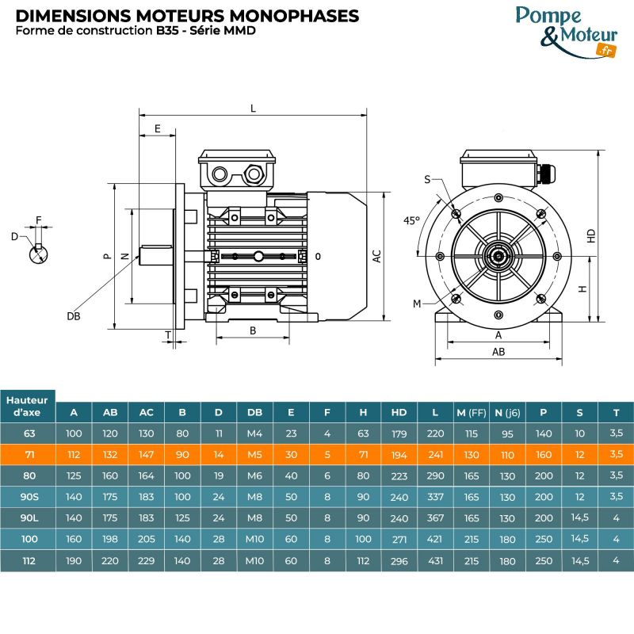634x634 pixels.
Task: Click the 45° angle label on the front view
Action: pyautogui.click(x=411, y=220)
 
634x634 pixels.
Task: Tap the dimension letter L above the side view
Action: pyautogui.click(x=253, y=109)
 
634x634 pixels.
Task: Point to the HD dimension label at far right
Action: pyautogui.click(x=591, y=236)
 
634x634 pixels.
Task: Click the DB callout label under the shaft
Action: pyautogui.click(x=73, y=315)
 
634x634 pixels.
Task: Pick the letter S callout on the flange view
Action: pyautogui.click(x=427, y=180)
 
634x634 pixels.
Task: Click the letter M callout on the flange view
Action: pyautogui.click(x=417, y=304)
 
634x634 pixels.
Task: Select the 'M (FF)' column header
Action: pyautogui.click(x=471, y=412)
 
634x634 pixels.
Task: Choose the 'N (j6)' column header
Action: pyautogui.click(x=506, y=412)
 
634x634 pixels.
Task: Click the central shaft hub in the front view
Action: pyautogui.click(x=498, y=256)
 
